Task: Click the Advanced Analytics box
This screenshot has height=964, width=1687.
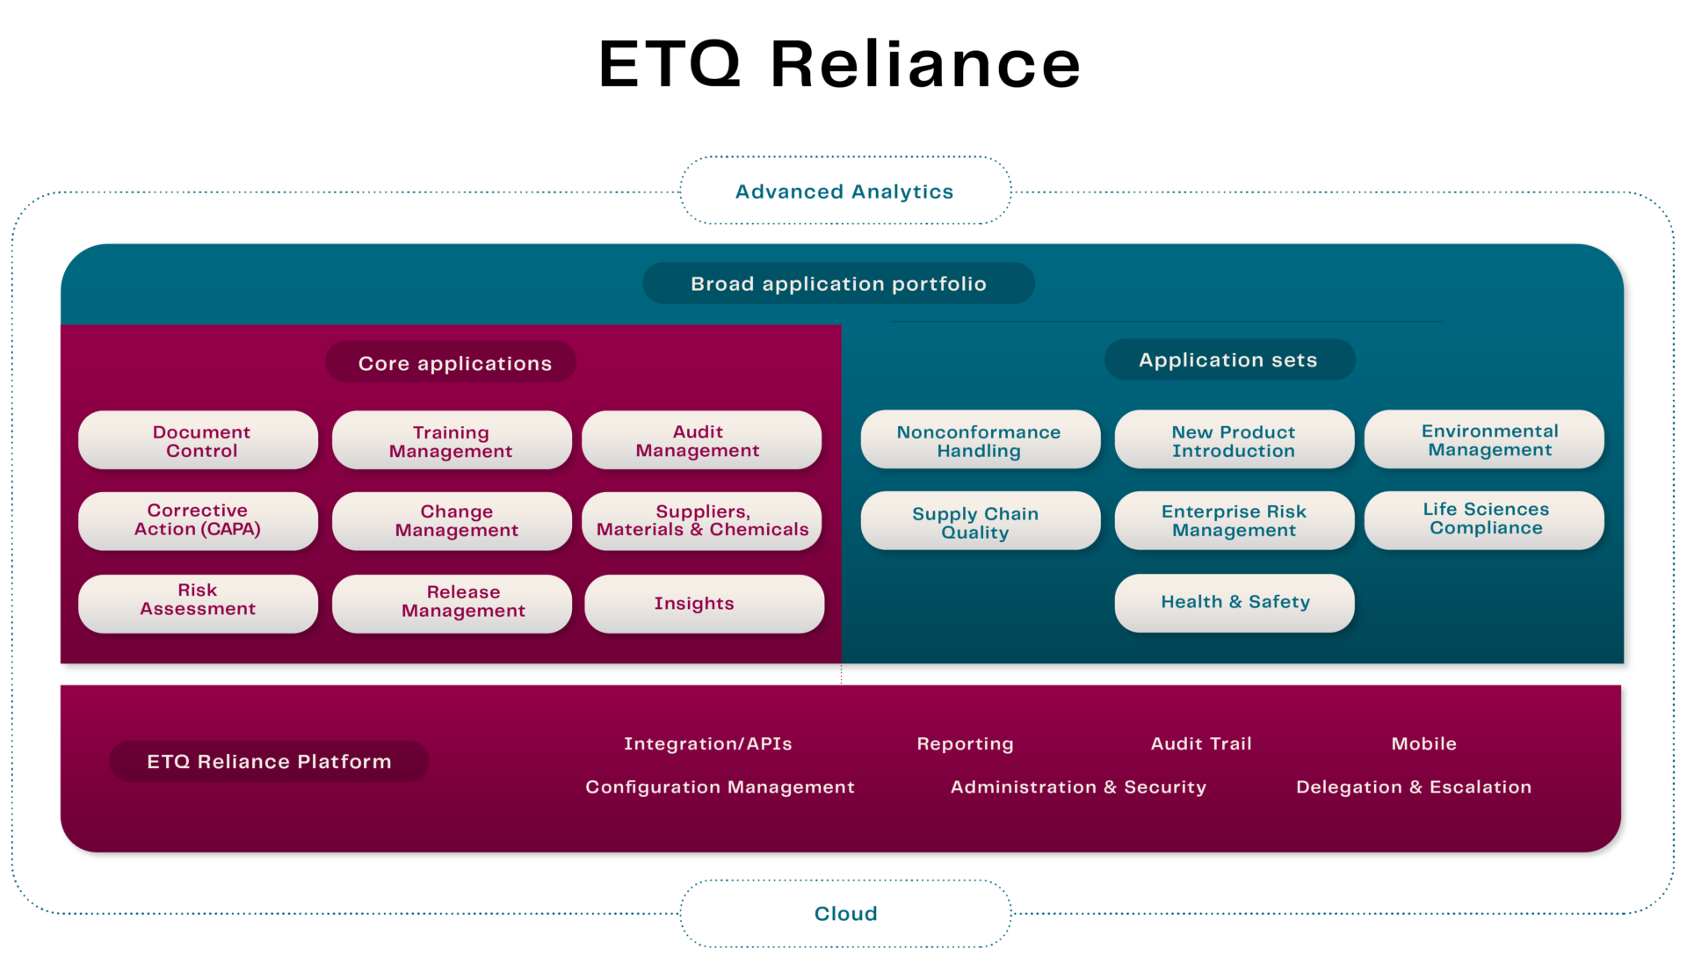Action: point(844,191)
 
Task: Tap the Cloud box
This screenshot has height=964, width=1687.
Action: point(844,913)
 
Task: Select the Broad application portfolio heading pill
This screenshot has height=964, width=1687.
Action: point(838,284)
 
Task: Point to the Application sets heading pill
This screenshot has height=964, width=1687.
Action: point(1228,359)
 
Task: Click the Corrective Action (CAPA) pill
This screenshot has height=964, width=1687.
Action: point(199,520)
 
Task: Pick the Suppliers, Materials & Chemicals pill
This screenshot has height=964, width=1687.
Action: point(701,520)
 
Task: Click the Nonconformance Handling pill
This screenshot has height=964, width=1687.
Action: point(980,440)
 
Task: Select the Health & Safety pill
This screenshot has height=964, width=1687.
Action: point(1234,603)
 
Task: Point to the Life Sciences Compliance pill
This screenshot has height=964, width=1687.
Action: point(1484,519)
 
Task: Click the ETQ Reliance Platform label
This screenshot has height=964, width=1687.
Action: point(269,761)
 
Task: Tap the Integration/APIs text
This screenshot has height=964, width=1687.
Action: point(707,743)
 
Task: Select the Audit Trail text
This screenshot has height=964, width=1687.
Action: point(1200,743)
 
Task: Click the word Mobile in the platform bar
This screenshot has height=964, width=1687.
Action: point(1423,743)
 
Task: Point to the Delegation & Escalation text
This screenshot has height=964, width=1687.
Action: point(1413,786)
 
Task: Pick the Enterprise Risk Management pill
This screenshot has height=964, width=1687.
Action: point(1234,520)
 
